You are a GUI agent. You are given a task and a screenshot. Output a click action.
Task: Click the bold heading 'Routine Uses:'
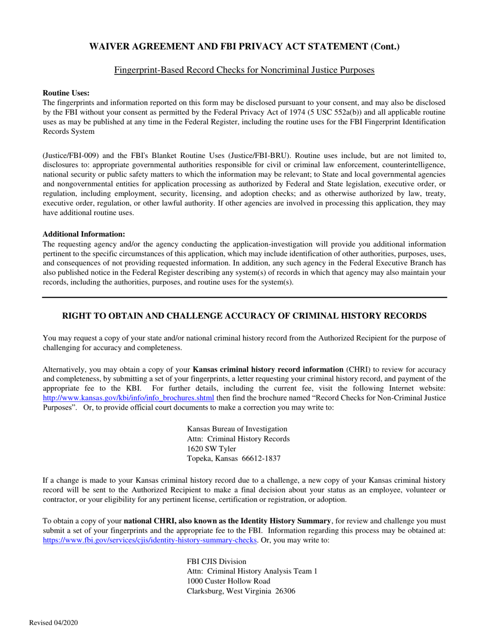[66, 93]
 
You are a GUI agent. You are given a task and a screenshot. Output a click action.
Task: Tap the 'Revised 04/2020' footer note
[54, 623]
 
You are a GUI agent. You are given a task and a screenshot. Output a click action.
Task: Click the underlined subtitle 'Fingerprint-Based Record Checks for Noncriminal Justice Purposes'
[244, 70]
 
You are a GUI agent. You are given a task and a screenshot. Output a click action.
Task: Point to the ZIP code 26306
[284, 591]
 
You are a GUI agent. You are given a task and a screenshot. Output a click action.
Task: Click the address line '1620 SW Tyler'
[212, 449]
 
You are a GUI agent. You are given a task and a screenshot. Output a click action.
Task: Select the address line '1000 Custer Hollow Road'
[228, 581]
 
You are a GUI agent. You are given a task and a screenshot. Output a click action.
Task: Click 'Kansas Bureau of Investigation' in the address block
[237, 429]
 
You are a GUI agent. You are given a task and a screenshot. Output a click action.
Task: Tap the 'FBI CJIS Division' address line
[216, 561]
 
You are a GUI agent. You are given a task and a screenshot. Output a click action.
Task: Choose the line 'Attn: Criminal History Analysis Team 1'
[252, 571]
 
